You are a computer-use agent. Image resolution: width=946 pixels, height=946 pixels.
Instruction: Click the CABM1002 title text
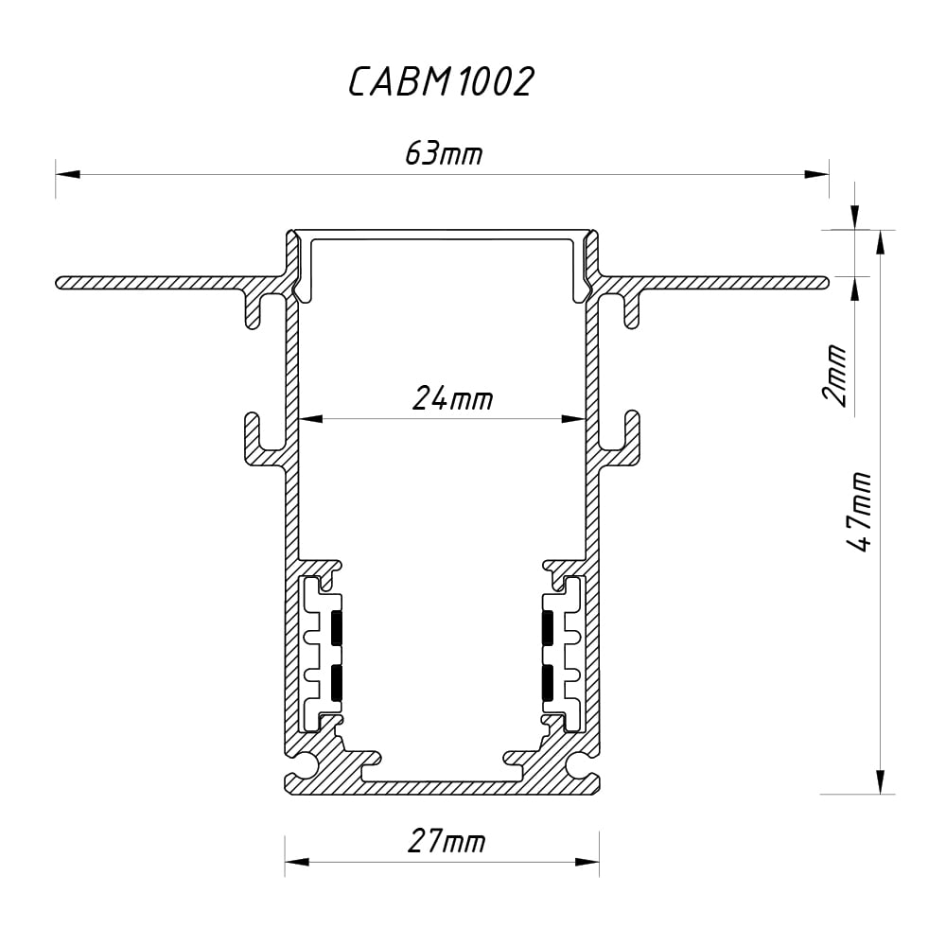(x=441, y=82)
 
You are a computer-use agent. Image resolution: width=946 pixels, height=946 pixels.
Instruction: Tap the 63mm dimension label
(x=443, y=153)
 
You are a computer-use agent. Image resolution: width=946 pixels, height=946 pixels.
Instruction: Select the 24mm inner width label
(x=452, y=399)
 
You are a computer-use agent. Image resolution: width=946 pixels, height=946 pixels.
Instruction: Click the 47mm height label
(x=860, y=512)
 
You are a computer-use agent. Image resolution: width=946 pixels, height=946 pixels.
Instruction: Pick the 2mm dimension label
(x=835, y=375)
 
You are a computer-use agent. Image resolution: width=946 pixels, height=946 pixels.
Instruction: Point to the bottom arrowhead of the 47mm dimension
(x=881, y=780)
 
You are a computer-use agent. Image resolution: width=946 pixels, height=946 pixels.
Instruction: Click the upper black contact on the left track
(x=337, y=628)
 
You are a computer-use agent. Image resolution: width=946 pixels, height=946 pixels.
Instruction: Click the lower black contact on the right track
(x=547, y=682)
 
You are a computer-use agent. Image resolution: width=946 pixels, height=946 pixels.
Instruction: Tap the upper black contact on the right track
(x=547, y=628)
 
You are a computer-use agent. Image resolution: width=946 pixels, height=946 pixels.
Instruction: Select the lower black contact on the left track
(x=337, y=682)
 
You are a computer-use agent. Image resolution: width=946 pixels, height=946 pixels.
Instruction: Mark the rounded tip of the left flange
(x=61, y=282)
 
